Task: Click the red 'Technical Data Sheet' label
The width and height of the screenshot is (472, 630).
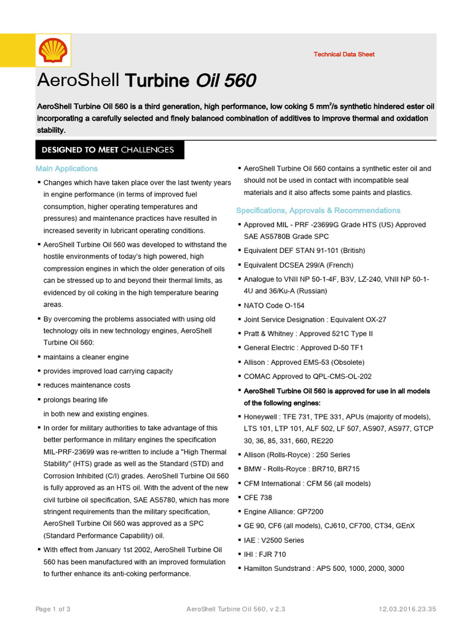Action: (344, 54)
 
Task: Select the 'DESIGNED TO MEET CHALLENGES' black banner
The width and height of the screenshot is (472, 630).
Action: (108, 150)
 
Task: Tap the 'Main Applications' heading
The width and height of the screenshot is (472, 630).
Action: (66, 169)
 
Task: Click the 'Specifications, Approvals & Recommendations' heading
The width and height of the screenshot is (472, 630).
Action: (318, 210)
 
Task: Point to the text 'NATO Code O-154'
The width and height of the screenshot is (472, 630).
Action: (273, 306)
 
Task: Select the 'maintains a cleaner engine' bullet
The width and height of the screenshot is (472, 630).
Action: (85, 357)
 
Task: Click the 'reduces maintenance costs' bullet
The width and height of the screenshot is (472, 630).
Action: (86, 385)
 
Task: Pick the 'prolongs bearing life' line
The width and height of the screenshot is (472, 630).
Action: (75, 400)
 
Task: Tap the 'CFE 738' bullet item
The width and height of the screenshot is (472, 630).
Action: (258, 498)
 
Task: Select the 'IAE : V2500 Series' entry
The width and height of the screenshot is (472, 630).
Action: (275, 540)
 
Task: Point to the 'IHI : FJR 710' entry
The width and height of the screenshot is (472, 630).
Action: (264, 554)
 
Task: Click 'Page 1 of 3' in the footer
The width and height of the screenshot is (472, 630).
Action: (53, 609)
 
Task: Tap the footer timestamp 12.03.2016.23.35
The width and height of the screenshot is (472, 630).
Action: (407, 609)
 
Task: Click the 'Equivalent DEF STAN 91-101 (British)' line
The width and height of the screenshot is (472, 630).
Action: (304, 250)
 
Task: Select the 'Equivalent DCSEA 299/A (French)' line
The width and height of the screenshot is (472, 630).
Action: (299, 265)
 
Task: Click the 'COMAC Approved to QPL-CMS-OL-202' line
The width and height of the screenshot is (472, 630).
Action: (308, 376)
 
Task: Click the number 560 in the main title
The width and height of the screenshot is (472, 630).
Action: (240, 81)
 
